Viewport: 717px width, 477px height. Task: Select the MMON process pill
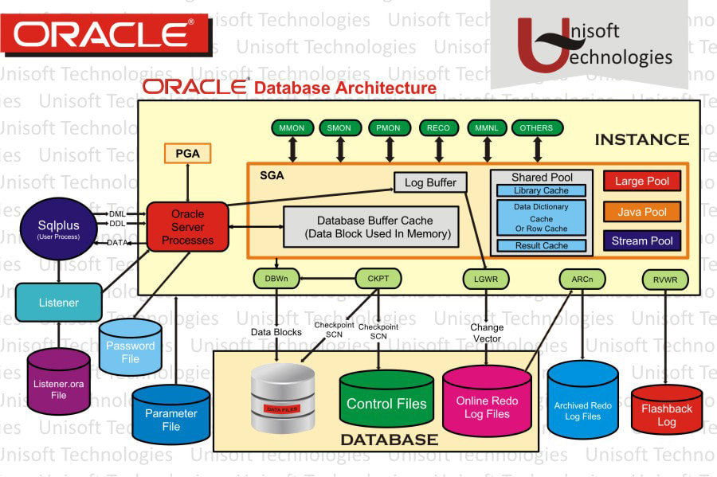coord(293,127)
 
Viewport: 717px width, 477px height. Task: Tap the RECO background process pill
coord(439,127)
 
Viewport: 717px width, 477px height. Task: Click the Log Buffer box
coord(430,182)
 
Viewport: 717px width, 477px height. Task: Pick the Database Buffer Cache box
coord(372,227)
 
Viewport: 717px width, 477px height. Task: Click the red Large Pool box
coord(642,181)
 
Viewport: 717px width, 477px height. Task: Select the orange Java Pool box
coord(642,211)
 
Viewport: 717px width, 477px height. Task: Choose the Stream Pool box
coord(642,240)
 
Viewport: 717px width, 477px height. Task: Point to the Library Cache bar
coord(541,190)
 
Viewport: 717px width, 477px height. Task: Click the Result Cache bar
coord(541,245)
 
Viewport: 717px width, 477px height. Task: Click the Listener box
coord(59,303)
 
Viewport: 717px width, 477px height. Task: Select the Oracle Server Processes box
coord(187,227)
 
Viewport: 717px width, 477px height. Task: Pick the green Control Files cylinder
coord(386,402)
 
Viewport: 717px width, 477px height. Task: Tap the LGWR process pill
coord(487,278)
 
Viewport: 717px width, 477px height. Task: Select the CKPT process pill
coord(377,278)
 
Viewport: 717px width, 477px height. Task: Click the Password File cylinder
coord(130,350)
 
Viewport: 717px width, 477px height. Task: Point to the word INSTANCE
coord(641,140)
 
